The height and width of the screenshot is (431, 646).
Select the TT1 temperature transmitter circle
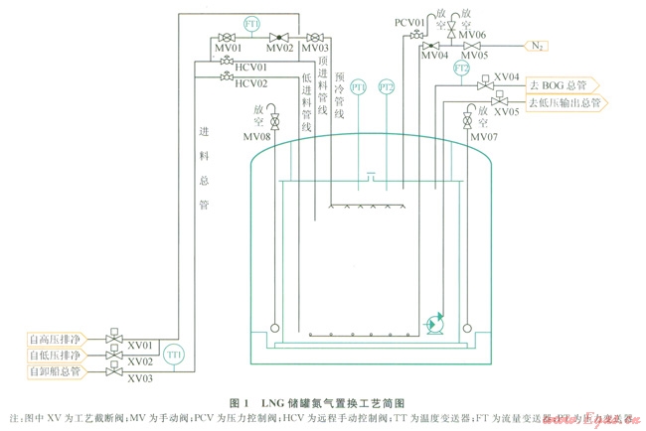(174, 354)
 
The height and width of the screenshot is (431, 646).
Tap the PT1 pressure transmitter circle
(358, 87)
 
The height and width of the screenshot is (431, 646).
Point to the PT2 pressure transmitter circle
(388, 87)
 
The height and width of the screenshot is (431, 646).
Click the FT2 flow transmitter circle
(461, 69)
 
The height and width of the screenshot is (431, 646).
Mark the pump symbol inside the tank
(433, 323)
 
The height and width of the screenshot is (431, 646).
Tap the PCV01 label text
(408, 22)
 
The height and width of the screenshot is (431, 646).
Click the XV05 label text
(507, 113)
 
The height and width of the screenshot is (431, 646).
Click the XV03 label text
(140, 379)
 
